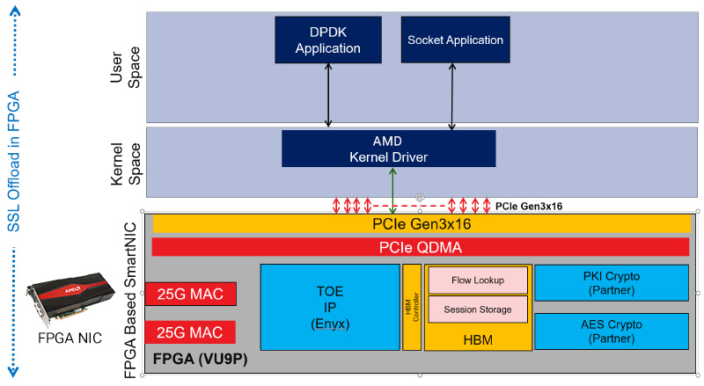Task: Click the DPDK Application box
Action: click(x=328, y=40)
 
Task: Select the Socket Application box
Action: click(x=455, y=40)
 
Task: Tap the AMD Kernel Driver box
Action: click(x=388, y=148)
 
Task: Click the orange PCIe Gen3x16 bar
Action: click(x=421, y=225)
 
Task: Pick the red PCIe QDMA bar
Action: click(x=421, y=247)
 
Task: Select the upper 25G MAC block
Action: click(x=190, y=293)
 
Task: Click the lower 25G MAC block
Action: click(x=190, y=332)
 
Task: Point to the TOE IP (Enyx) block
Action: click(x=330, y=307)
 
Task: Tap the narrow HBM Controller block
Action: click(x=411, y=307)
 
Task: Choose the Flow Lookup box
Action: click(x=478, y=280)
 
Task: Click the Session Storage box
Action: click(x=478, y=310)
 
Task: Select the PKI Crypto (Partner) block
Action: click(x=611, y=282)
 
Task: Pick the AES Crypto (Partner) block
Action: click(x=611, y=331)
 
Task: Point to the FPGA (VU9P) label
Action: click(x=198, y=361)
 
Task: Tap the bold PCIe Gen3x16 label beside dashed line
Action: click(x=529, y=206)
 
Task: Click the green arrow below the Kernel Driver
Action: click(x=392, y=190)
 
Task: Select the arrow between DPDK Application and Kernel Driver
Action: click(x=328, y=96)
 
